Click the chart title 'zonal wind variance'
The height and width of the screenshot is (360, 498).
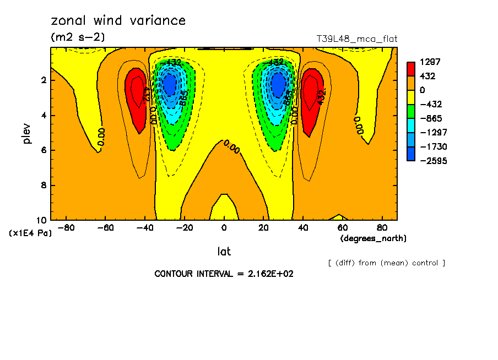coord(118,21)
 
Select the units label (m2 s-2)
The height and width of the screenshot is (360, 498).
coord(78,37)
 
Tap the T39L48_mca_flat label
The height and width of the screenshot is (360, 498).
coord(356,39)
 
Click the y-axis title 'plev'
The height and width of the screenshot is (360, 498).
coord(26,134)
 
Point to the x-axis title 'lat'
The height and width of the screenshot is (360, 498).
coord(224,252)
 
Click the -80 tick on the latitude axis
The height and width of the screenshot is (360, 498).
coord(66,228)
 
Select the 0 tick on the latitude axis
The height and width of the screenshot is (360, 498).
coord(224,228)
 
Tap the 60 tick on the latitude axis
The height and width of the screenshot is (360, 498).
coord(342,228)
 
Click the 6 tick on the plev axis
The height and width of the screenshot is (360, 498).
coord(44,150)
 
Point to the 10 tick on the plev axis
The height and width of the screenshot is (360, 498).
coord(41,220)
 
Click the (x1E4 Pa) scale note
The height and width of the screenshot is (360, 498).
coord(30,233)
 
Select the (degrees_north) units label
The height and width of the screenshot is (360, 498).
coord(373,238)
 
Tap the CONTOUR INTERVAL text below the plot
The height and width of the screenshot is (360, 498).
coord(224,274)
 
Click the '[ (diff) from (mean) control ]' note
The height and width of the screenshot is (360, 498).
coord(386,263)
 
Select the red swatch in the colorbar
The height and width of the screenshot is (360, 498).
coord(411,69)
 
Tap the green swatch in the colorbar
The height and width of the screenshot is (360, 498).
coord(411,111)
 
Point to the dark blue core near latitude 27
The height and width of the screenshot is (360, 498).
coord(279,85)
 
